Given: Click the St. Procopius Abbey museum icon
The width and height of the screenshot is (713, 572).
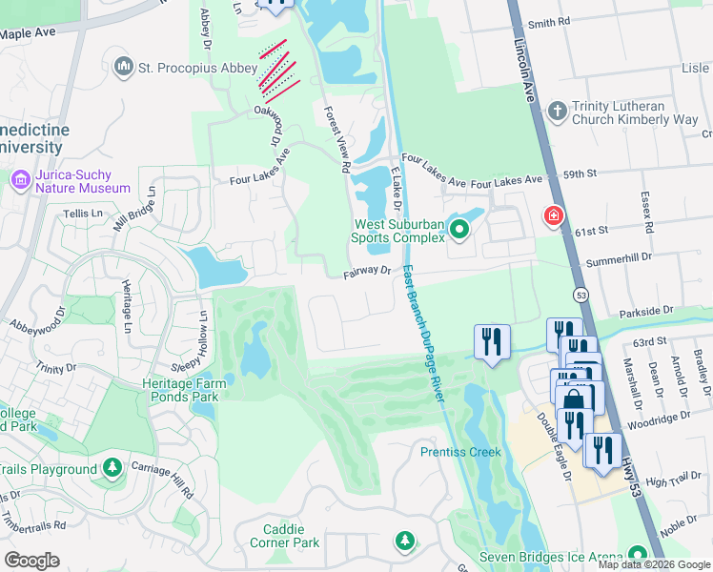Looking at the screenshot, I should click(x=123, y=67).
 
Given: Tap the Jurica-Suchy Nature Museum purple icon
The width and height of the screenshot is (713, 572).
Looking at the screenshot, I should click(x=20, y=180).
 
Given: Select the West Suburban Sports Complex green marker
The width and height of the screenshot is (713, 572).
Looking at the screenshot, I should click(x=460, y=229).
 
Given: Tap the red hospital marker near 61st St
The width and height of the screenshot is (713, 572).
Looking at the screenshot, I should click(x=552, y=217).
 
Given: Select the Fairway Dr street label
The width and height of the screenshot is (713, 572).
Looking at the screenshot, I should click(x=368, y=272).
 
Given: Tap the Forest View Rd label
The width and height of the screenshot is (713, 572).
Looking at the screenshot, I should click(x=336, y=138).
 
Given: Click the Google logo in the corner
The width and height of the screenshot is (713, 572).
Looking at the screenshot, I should click(x=31, y=561).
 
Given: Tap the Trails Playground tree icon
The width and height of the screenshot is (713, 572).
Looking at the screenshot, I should click(x=112, y=468).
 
